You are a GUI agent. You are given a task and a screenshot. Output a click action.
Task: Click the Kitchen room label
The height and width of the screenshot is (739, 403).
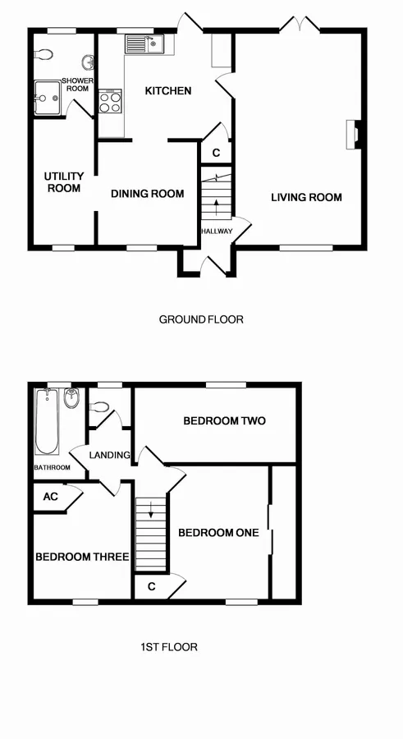[168, 90]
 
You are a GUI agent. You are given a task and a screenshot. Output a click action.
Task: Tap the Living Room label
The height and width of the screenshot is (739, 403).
[307, 197]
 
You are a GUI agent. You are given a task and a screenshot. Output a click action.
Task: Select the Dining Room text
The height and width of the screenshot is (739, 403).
[148, 194]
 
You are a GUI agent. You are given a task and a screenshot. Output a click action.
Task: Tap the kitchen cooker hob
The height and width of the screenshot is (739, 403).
[109, 102]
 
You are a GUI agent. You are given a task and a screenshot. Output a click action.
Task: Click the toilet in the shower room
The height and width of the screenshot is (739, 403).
[47, 53]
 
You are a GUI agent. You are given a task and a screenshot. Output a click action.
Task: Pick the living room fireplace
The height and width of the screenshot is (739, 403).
[353, 135]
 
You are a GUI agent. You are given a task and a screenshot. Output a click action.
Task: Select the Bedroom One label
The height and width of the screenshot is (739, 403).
[218, 533]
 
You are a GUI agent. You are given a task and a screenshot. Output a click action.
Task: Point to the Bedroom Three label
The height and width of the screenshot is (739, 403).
[82, 557]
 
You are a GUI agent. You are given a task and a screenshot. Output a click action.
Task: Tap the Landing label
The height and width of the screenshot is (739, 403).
[110, 455]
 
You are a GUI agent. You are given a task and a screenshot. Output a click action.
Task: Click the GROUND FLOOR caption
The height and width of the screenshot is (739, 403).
[201, 319]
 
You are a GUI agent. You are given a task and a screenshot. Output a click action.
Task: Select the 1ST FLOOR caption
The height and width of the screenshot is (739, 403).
[168, 647]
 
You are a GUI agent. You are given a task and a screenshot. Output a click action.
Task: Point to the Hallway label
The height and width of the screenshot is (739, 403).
[217, 232]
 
